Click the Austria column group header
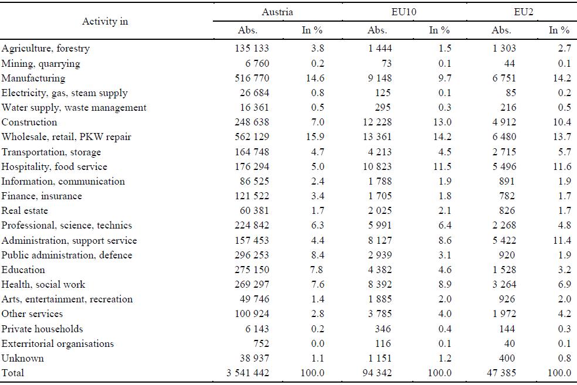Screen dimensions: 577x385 coord(277,12)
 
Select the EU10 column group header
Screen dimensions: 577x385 coord(403,12)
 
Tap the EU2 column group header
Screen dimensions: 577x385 coord(523,12)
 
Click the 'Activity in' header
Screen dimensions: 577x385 coord(105,21)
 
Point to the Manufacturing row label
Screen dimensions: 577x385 coord(33,79)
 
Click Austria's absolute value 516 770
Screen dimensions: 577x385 coord(252,79)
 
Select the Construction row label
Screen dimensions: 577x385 coord(29,122)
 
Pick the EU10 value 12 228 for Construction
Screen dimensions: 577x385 coord(377,122)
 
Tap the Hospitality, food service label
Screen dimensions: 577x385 coord(54,166)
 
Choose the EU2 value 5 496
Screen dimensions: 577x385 coord(504,166)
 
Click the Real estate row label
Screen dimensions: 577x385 coord(25,211)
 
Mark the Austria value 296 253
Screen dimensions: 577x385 coord(252,255)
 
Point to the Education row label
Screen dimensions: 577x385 coord(23,270)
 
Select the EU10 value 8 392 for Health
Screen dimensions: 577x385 coord(380,284)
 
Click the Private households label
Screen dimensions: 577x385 coord(42,329)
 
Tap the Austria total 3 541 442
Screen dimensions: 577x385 coord(247,373)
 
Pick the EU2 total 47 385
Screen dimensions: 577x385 coord(501,373)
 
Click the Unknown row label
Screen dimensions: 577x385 coord(22,358)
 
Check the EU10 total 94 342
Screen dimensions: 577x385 coord(377,373)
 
